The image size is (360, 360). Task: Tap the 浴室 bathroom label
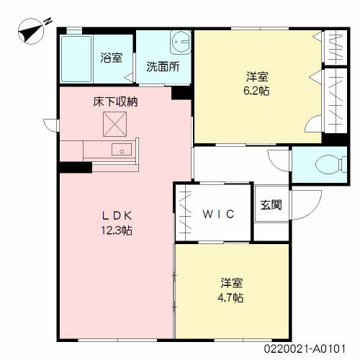pyautogui.click(x=112, y=58)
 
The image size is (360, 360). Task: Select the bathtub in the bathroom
pyautogui.click(x=76, y=59)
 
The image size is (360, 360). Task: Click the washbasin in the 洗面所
pyautogui.click(x=181, y=42)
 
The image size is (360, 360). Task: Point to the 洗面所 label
pyautogui.click(x=163, y=66)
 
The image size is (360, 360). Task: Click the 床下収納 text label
pyautogui.click(x=115, y=102)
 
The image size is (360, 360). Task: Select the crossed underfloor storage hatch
pyautogui.click(x=115, y=125)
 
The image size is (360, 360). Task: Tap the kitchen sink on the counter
pyautogui.click(x=122, y=149)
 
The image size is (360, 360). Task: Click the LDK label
pyautogui.click(x=117, y=215)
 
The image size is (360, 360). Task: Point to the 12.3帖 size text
pyautogui.click(x=117, y=230)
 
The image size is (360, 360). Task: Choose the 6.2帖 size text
pyautogui.click(x=256, y=91)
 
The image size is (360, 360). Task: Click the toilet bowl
pyautogui.click(x=330, y=165)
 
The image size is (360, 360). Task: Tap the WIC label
pyautogui.click(x=218, y=214)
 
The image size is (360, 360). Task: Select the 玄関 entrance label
pyautogui.click(x=271, y=204)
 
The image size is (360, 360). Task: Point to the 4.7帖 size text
pyautogui.click(x=230, y=298)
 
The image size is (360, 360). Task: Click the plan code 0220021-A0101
pyautogui.click(x=305, y=348)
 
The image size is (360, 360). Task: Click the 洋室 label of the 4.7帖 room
pyautogui.click(x=232, y=283)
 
